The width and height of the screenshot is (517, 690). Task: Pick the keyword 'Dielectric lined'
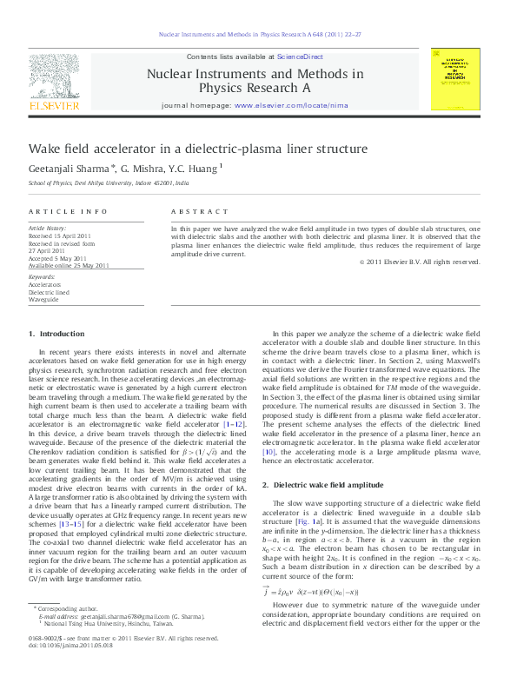click(x=49, y=291)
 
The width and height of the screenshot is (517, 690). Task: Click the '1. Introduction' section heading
click(x=56, y=334)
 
